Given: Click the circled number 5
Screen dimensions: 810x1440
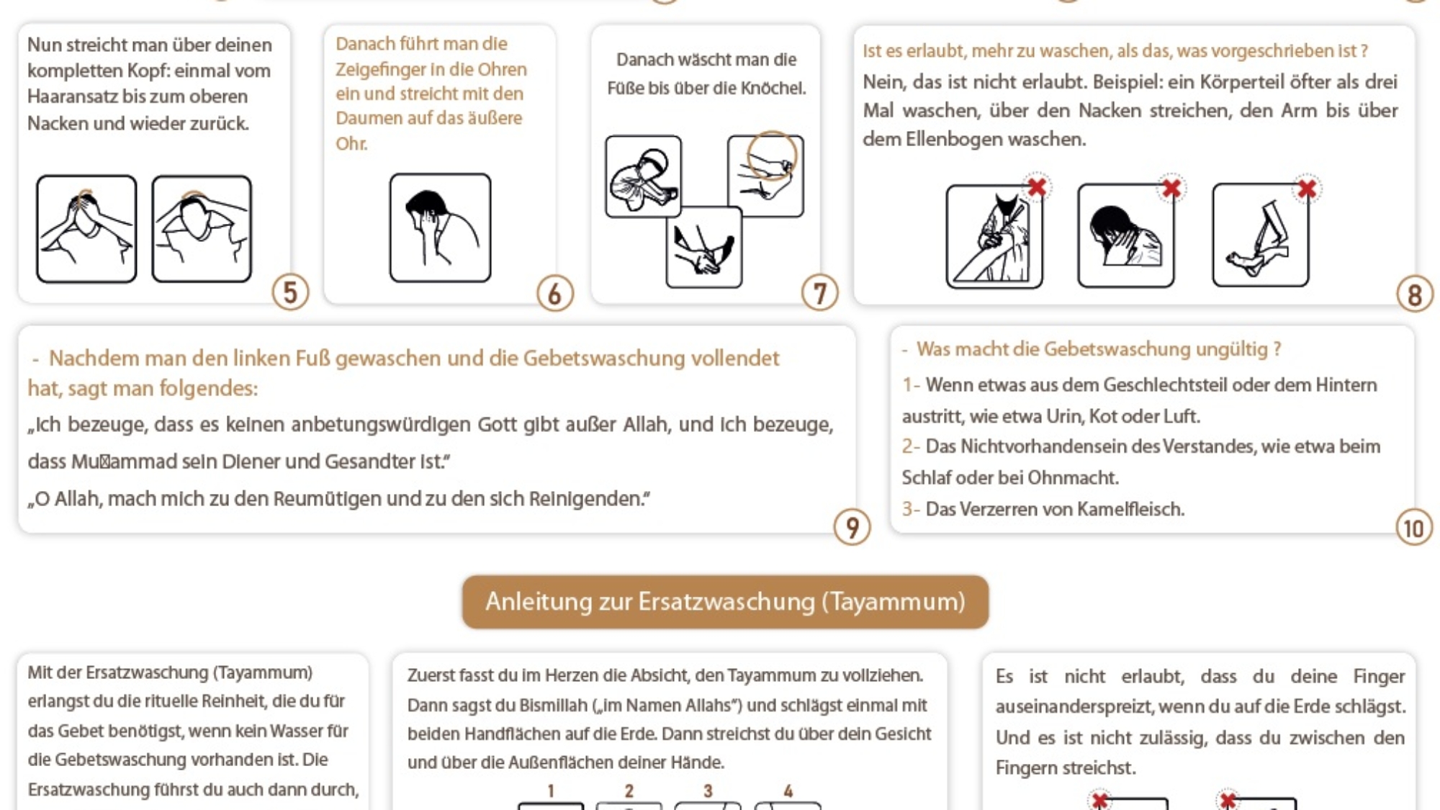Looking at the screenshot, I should pos(290,292).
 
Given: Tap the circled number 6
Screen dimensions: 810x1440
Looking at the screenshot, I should pos(554,294).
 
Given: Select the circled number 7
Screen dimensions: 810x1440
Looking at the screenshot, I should pos(819,294).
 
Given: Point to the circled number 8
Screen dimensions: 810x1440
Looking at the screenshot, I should pos(1414,295).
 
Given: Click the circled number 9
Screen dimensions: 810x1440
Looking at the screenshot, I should pos(852,528).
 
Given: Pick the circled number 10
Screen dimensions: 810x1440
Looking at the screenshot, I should pos(1413,528).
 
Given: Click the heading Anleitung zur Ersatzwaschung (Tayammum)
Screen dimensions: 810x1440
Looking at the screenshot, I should pos(725,602).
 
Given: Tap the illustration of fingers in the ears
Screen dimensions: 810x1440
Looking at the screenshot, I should pos(440,228).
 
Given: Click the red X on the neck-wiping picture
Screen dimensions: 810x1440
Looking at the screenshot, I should pos(1171,189).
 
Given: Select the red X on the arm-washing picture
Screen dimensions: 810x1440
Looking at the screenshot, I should pos(1037,187).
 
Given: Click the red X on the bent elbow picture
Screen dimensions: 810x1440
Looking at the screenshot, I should pos(1307,189).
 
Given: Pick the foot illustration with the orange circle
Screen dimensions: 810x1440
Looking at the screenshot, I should pos(765,176).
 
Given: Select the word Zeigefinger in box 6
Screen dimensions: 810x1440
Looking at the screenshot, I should pos(377,70).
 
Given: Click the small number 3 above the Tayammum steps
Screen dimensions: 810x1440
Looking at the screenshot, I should pos(708,791).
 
